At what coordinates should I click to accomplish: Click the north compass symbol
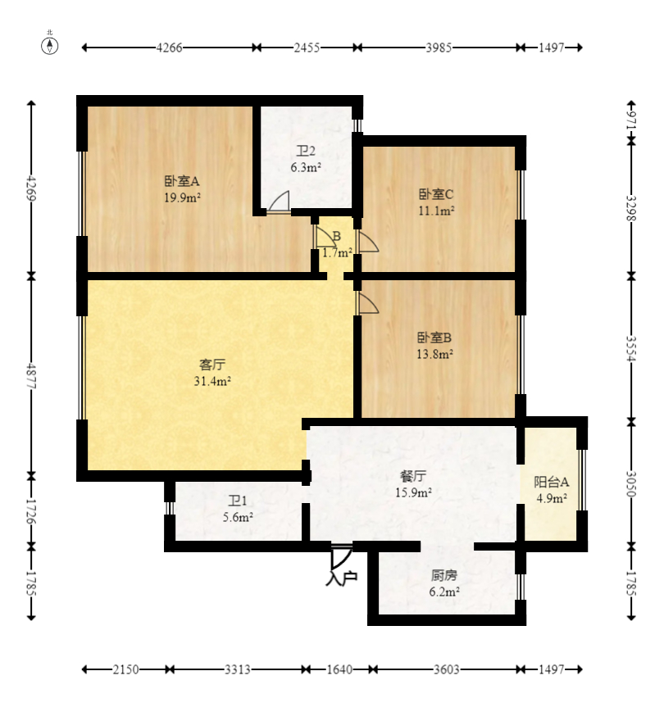(x=50, y=46)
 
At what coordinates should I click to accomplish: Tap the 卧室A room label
(x=182, y=181)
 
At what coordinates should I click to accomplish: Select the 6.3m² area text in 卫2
(x=306, y=167)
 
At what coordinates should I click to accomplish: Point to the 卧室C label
(x=436, y=194)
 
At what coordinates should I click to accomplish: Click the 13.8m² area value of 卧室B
(x=434, y=354)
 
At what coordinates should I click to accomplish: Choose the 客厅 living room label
(x=212, y=365)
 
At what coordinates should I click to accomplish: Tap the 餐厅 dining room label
(x=413, y=476)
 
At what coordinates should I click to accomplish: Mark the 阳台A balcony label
(x=551, y=482)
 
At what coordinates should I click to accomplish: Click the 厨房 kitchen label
(x=444, y=575)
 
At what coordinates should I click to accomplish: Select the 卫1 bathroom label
(x=238, y=501)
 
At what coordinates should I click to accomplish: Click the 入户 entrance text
(x=342, y=578)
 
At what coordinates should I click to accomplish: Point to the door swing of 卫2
(x=279, y=202)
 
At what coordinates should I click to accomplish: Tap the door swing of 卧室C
(x=369, y=242)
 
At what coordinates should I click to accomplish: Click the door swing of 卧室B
(x=369, y=303)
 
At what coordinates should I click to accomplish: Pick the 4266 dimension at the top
(x=170, y=48)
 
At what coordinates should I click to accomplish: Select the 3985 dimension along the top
(x=439, y=48)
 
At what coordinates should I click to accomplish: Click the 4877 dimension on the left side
(x=31, y=377)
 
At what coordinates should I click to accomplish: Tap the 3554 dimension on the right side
(x=631, y=348)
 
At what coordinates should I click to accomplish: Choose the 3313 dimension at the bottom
(x=238, y=669)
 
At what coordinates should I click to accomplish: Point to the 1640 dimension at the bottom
(x=339, y=669)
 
